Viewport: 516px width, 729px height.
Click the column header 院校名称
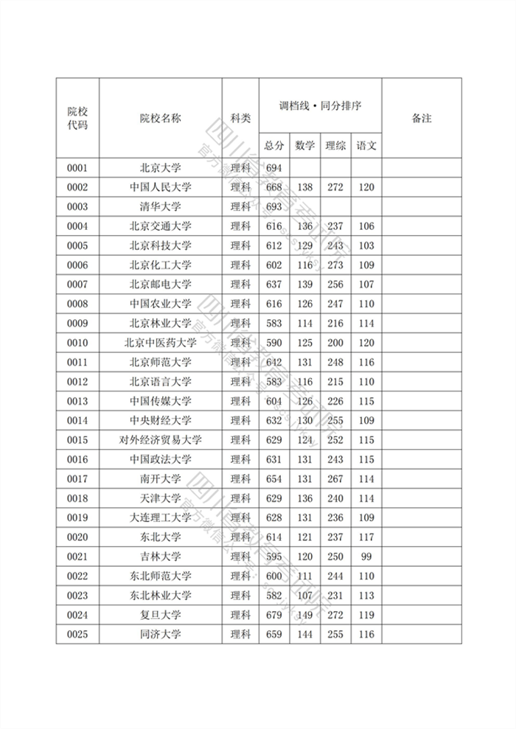point(160,118)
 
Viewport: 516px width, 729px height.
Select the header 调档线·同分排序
point(320,105)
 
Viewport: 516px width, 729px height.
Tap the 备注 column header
point(421,118)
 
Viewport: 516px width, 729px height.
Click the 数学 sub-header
point(304,145)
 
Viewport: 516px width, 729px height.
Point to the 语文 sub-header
point(366,145)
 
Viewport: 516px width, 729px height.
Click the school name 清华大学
point(160,206)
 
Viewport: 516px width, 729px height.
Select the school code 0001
point(77,167)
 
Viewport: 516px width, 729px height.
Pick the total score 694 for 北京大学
point(274,167)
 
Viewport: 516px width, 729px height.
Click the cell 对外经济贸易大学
point(160,440)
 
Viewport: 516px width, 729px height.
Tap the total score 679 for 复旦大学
point(274,615)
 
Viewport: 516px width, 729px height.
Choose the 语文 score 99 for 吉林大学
point(366,557)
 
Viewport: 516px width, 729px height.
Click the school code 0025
point(77,635)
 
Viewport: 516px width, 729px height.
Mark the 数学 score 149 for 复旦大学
point(304,615)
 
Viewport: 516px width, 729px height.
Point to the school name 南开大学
point(160,478)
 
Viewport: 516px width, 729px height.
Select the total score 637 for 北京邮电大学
point(274,285)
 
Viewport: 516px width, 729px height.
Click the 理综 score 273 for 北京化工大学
point(335,265)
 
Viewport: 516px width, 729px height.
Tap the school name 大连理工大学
point(160,517)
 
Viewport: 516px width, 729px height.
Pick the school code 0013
point(77,401)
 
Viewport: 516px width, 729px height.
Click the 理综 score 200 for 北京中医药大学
point(335,343)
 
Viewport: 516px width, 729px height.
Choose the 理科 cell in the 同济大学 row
point(240,635)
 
